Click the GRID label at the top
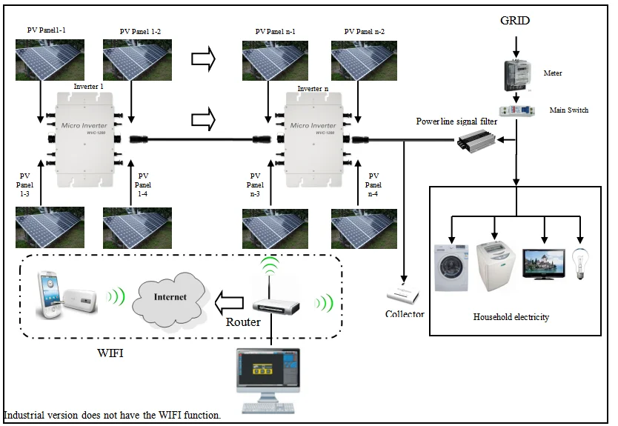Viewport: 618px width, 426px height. click(x=514, y=21)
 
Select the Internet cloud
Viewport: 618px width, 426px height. click(x=169, y=299)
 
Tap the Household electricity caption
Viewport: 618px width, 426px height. click(x=511, y=317)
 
